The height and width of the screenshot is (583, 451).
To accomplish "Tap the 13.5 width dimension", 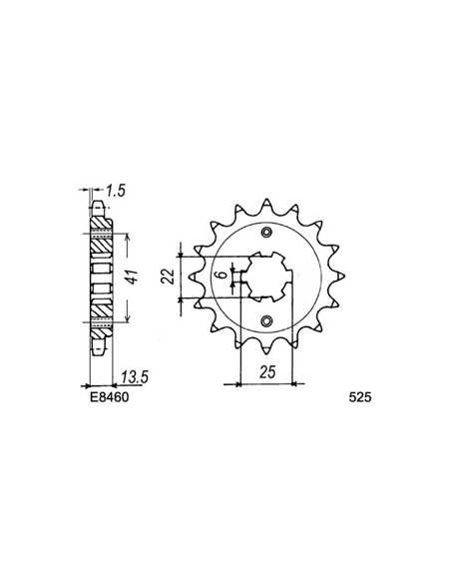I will [127, 376].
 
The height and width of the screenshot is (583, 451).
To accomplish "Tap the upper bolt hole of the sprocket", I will [266, 232].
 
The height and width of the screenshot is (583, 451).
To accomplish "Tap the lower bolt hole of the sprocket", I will [266, 320].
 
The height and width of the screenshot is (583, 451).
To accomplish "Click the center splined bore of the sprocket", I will [265, 277].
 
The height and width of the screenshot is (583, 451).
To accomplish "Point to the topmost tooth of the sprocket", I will [265, 196].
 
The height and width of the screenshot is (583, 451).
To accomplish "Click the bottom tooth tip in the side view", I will [98, 351].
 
